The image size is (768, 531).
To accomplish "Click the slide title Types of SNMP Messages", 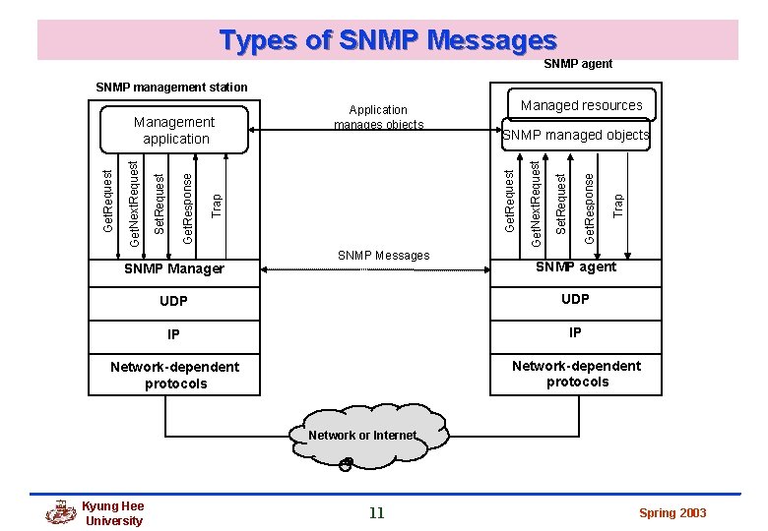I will tap(388, 40).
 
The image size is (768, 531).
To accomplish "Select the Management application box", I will tap(174, 130).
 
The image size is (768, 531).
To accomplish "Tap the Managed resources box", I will tap(581, 105).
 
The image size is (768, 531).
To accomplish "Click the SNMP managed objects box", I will tap(576, 135).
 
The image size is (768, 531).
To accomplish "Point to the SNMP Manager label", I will tap(174, 268).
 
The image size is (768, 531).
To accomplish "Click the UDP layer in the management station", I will tap(174, 301).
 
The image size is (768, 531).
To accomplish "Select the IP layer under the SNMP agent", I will tap(575, 332).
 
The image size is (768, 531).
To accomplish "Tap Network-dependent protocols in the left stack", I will tap(174, 375).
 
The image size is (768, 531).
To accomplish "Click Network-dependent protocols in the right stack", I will tap(576, 374).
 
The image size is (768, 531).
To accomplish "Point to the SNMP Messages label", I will tap(383, 256).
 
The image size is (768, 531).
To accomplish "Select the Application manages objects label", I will tap(378, 117).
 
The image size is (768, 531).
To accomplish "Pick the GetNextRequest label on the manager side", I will tap(136, 192).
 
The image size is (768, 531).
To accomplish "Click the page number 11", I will tap(376, 512).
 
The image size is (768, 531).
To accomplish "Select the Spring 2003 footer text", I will tap(672, 513).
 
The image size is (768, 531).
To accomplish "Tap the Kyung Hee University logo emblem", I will tap(61, 512).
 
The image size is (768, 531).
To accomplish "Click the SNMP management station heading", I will tap(171, 88).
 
